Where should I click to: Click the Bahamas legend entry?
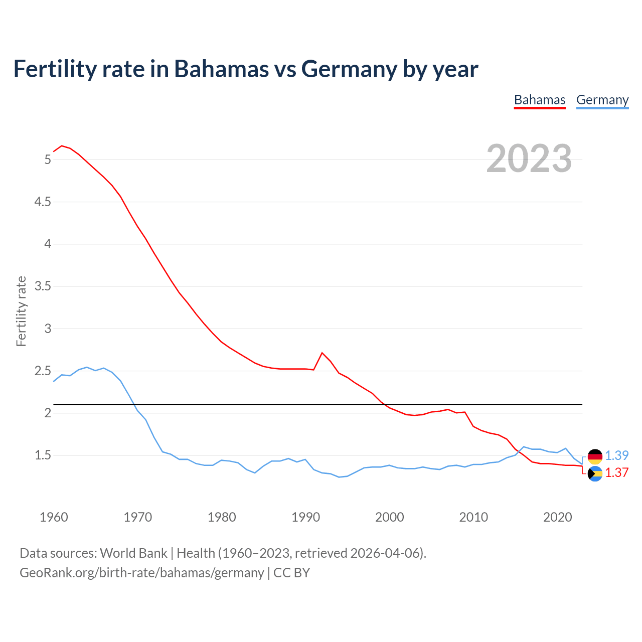point(540,100)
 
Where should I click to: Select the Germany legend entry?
point(602,100)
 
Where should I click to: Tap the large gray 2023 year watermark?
point(529,158)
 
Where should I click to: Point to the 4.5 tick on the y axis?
point(43,202)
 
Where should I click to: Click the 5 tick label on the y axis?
point(48,160)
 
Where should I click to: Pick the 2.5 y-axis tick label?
point(43,371)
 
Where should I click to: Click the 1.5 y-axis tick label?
point(43,455)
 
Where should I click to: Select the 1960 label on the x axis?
point(54,517)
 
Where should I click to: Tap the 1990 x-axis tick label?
point(305,517)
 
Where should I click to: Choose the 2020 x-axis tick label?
point(557,517)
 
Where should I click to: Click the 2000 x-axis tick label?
point(389,517)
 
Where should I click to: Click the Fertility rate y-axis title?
point(21,311)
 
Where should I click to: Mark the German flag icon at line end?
point(595,456)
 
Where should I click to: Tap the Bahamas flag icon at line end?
point(595,473)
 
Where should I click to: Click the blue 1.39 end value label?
point(616,455)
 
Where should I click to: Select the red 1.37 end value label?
point(616,472)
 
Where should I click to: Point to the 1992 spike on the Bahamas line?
point(322,353)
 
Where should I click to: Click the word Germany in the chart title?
point(349,69)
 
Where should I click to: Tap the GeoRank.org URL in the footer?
point(141,572)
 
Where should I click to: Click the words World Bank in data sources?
point(133,553)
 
